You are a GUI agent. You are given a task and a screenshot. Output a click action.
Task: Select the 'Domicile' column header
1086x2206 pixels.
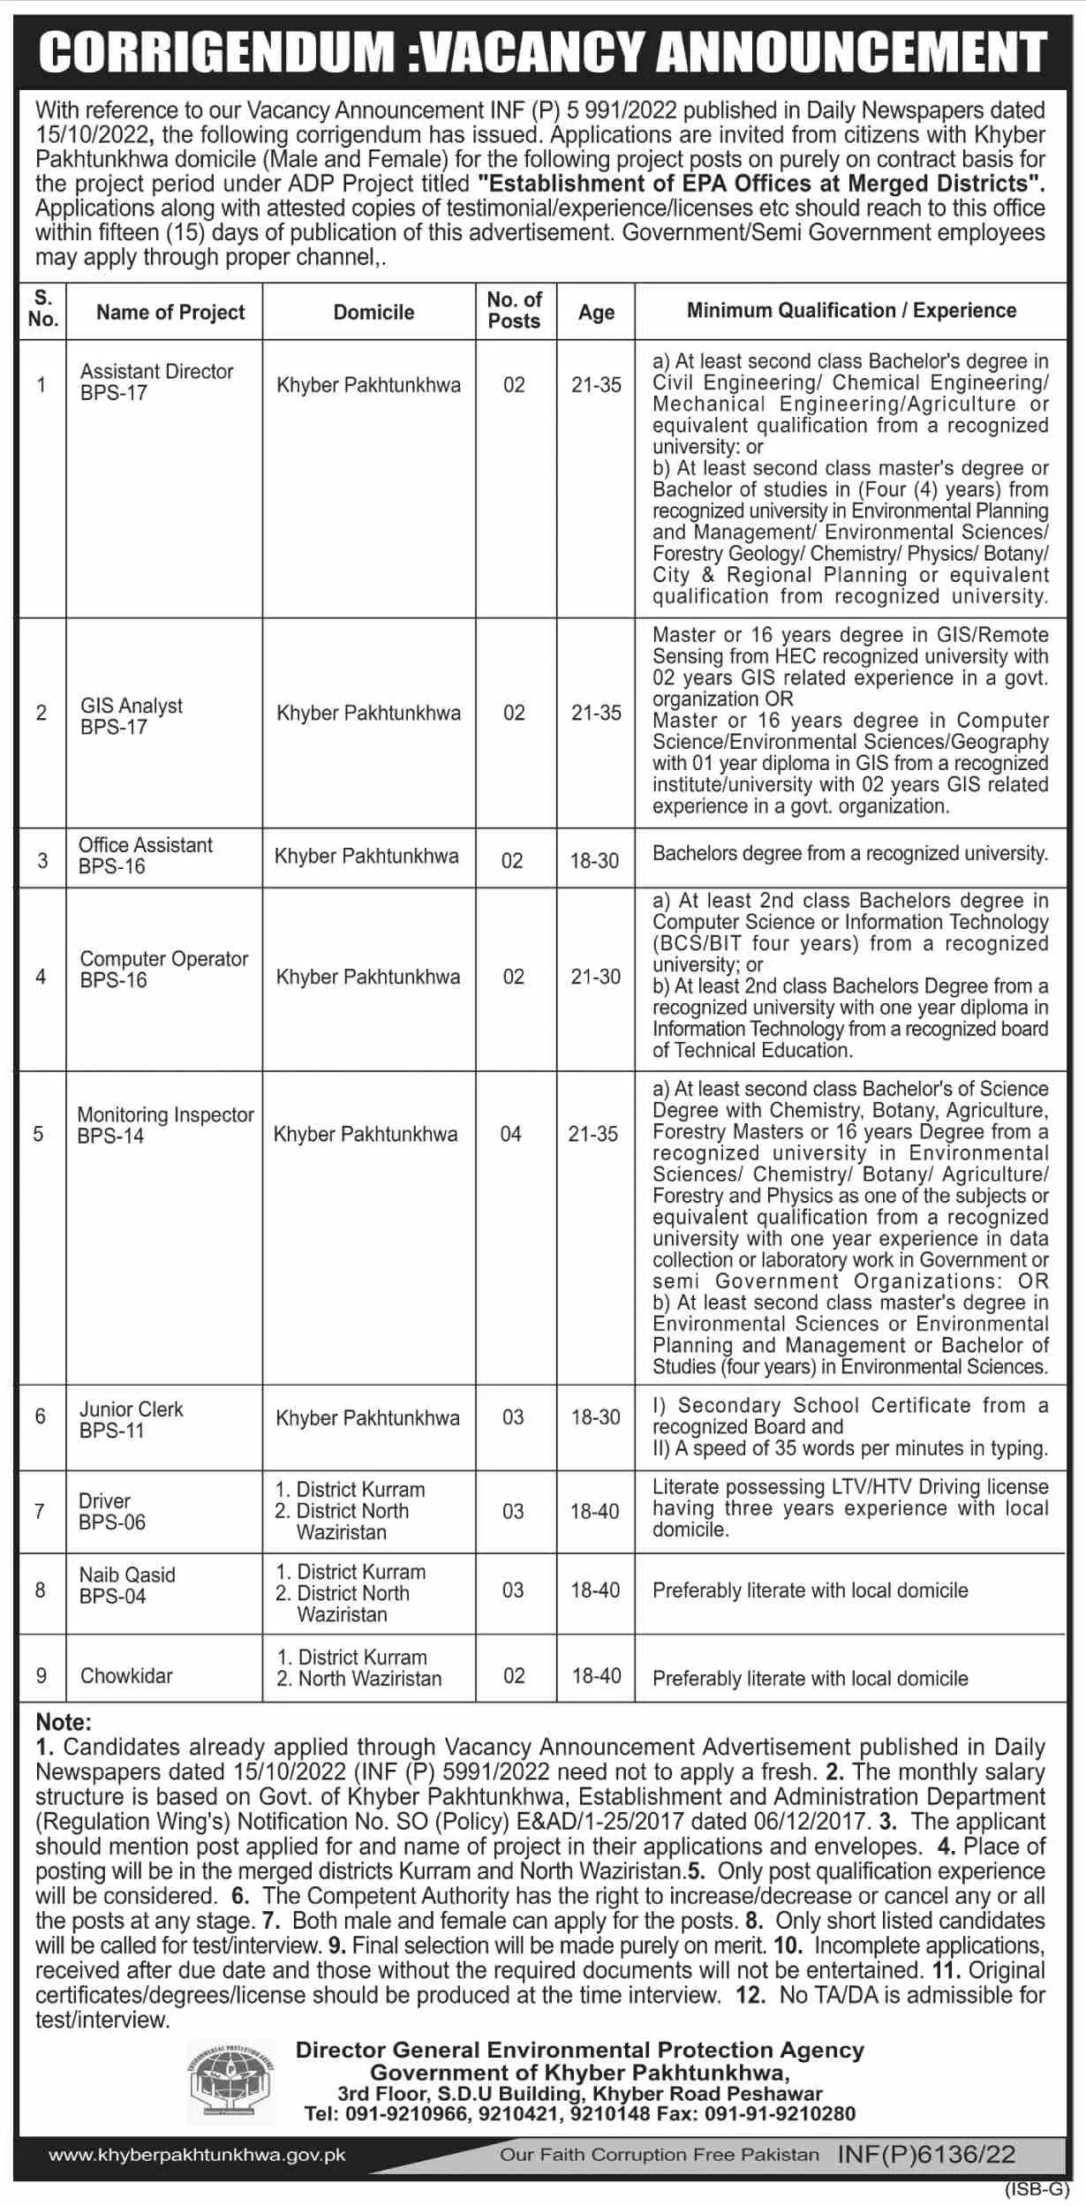[x=373, y=313]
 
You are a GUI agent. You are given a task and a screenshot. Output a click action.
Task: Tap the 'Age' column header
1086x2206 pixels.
[x=596, y=313]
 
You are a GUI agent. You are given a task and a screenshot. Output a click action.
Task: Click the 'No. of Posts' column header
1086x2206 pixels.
[x=514, y=311]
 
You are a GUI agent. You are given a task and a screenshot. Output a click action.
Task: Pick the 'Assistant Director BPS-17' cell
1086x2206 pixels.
[x=156, y=382]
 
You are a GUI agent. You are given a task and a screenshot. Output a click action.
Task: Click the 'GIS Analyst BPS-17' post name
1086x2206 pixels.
[x=132, y=716]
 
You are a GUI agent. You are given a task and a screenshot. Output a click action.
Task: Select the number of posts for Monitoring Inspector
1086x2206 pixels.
[x=511, y=1134]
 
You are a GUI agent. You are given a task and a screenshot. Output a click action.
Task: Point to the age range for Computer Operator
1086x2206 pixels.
[x=596, y=977]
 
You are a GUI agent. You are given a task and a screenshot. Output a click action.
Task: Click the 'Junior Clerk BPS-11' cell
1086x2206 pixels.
[x=131, y=1419]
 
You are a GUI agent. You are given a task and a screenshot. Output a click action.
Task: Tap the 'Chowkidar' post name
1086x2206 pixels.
[x=126, y=1675]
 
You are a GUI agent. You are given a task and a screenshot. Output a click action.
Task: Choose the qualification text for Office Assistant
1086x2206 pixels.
[x=849, y=854]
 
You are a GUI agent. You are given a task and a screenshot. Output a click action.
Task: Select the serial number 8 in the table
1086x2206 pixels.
[x=41, y=1590]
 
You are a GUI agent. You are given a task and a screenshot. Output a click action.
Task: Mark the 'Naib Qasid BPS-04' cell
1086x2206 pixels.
[x=127, y=1585]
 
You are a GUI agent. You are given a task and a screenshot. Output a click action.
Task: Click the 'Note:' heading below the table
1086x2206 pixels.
[x=64, y=1722]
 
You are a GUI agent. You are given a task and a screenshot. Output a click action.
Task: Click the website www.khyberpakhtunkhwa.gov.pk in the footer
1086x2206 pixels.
[x=197, y=2156]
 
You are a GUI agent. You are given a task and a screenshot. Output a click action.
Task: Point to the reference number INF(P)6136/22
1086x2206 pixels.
[x=926, y=2155]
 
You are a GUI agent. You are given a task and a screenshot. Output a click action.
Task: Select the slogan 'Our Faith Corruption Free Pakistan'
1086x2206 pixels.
[x=660, y=2156]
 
